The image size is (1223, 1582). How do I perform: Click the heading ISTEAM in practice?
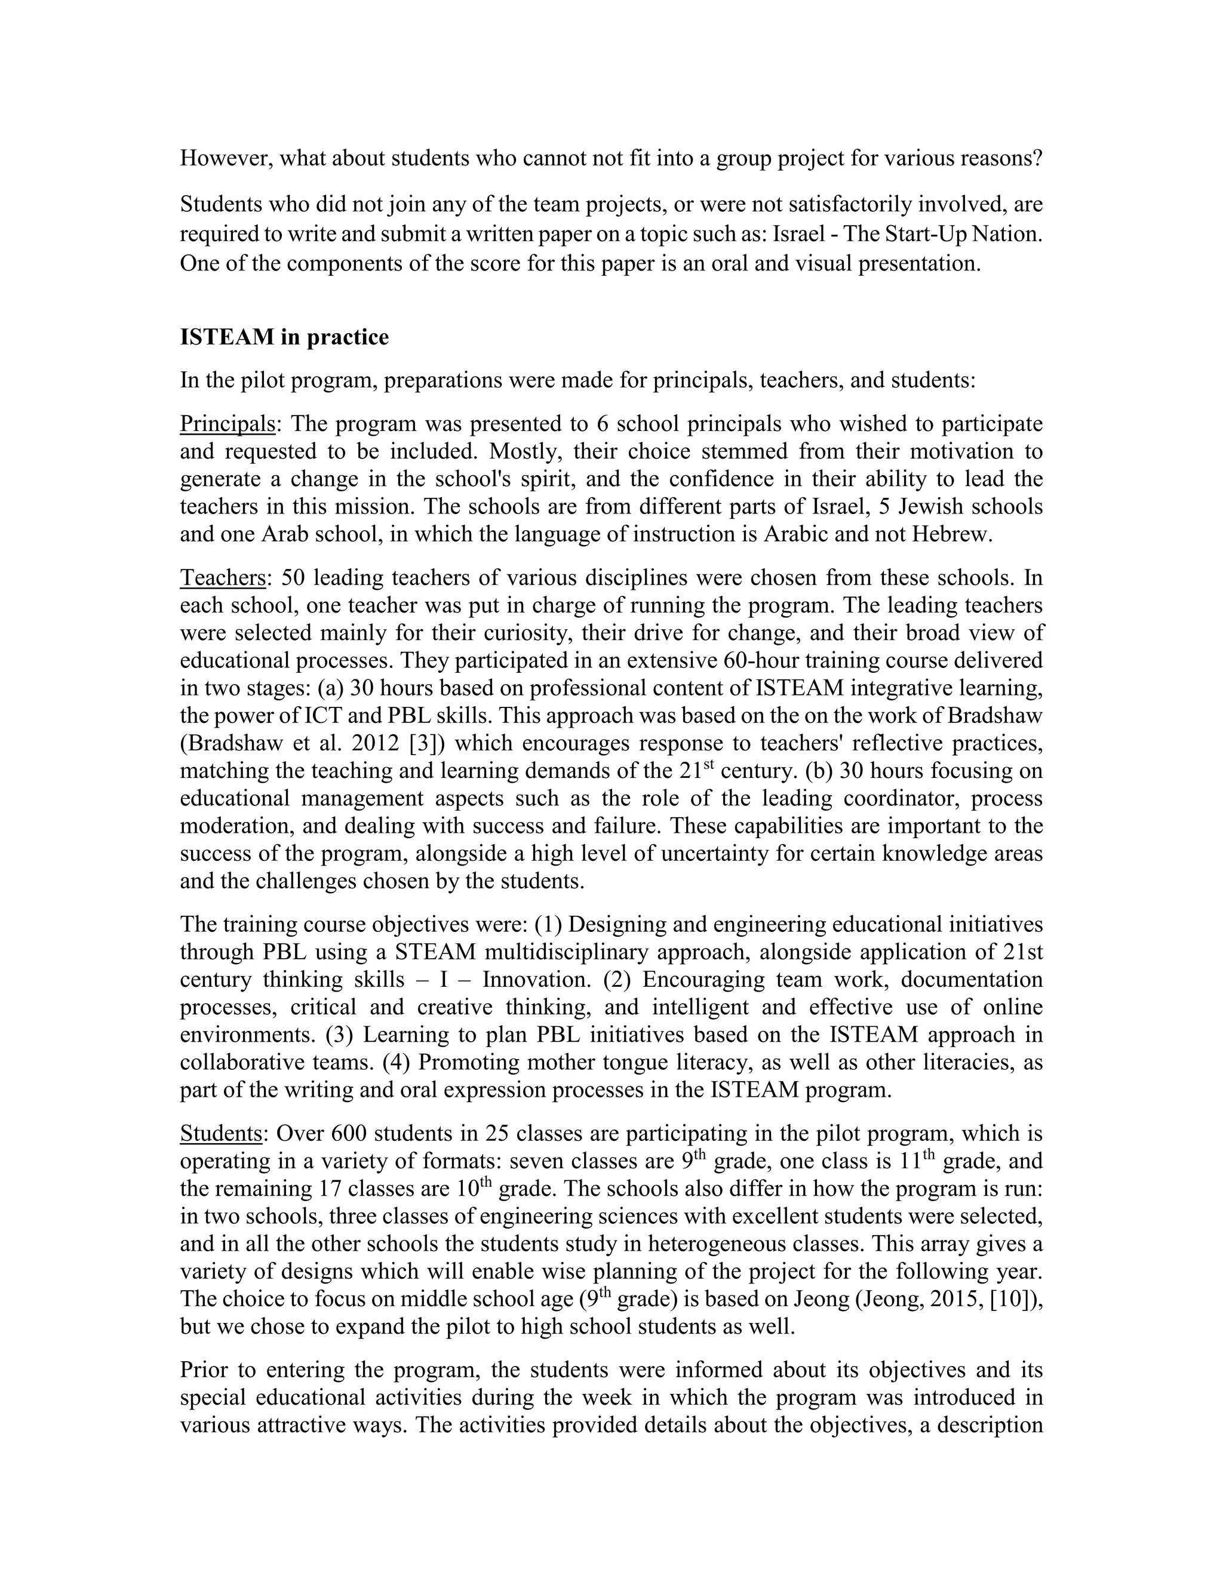click(x=284, y=337)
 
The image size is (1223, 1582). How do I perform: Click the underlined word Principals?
click(x=227, y=424)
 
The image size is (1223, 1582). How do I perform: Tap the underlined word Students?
click(x=222, y=1133)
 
